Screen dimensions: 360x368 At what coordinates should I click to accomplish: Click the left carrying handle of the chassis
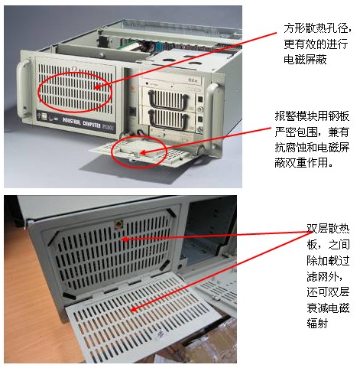[x=23, y=88]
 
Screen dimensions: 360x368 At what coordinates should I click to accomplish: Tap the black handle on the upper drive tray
[x=168, y=101]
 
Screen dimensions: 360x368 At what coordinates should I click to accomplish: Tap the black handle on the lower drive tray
[x=169, y=119]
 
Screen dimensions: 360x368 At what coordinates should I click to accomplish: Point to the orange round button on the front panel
[x=133, y=87]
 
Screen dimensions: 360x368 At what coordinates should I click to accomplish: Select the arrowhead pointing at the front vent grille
[x=96, y=87]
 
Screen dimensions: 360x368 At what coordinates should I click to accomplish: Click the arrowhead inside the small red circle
[x=143, y=152]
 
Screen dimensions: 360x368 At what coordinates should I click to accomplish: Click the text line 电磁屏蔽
[x=305, y=60]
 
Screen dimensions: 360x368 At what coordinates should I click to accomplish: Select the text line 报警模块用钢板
[x=312, y=116]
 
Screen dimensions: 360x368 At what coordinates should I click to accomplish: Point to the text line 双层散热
[x=328, y=229]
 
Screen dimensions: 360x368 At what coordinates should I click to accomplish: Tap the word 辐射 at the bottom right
[x=317, y=324]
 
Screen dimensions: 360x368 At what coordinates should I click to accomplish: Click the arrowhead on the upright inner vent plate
[x=124, y=239]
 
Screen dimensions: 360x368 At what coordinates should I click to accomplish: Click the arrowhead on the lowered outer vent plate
[x=134, y=309]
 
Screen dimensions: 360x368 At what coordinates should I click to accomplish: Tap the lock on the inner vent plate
[x=118, y=225]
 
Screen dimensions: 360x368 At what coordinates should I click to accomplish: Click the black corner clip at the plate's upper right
[x=171, y=213]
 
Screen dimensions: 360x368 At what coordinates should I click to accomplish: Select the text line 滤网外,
[x=326, y=276]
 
